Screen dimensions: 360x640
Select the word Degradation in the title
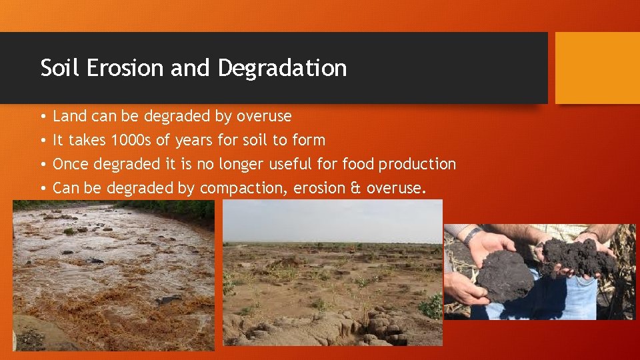tap(282, 69)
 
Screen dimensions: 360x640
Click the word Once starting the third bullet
tap(71, 164)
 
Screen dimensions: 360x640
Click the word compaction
tap(243, 189)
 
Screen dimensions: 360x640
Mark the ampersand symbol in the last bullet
tap(355, 189)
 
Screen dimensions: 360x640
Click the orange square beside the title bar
tap(597, 68)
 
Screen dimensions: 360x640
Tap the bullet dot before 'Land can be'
tap(43, 117)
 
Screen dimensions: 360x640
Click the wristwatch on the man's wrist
tap(473, 235)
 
